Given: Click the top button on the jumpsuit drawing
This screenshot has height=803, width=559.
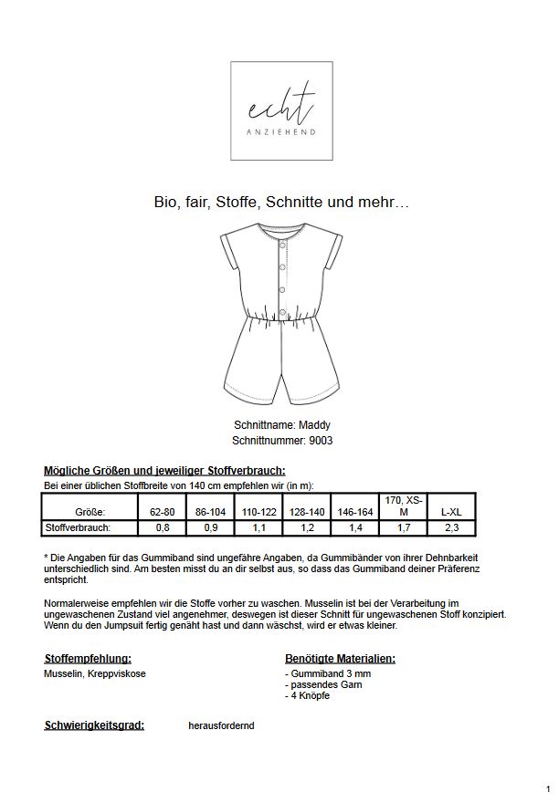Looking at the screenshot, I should pyautogui.click(x=280, y=244).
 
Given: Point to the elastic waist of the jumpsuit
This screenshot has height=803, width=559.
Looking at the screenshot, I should pyautogui.click(x=280, y=317).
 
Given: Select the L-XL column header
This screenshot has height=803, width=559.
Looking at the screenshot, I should pyautogui.click(x=451, y=513).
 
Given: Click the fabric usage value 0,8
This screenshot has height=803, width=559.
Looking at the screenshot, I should pyautogui.click(x=162, y=527).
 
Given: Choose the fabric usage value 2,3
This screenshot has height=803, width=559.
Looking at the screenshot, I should pyautogui.click(x=451, y=527).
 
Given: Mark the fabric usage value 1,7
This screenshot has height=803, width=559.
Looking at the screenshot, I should pyautogui.click(x=404, y=527).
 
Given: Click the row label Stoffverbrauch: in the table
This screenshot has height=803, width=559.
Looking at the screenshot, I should pyautogui.click(x=78, y=527).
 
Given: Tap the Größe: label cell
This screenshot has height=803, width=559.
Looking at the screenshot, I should pyautogui.click(x=90, y=513).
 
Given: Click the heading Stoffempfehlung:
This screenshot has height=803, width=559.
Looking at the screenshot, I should pyautogui.click(x=88, y=658).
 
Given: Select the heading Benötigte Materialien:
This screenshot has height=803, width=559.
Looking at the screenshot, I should pyautogui.click(x=340, y=658).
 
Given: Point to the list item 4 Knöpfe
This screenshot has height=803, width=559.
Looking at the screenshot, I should pyautogui.click(x=311, y=696).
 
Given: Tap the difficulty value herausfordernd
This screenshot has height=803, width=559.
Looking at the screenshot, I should pyautogui.click(x=221, y=725).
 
